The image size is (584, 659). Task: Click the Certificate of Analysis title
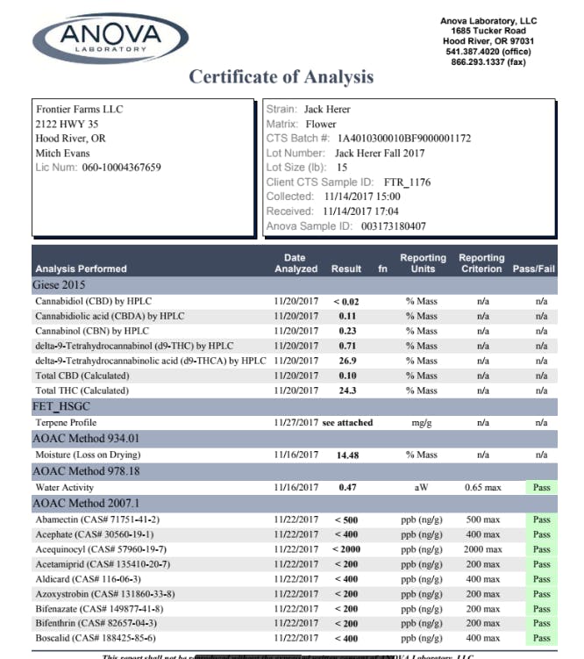tap(281, 77)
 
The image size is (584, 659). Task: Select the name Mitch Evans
tap(62, 153)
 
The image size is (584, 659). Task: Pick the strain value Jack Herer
tap(327, 110)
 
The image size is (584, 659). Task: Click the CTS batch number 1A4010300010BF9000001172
tap(404, 139)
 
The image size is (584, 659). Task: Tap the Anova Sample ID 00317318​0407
tap(394, 226)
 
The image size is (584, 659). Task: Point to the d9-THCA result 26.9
tap(347, 361)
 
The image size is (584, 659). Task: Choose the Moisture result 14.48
tap(347, 455)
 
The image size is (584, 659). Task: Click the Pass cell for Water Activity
tap(542, 486)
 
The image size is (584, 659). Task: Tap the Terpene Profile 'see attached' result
tap(347, 422)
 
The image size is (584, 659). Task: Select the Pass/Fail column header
tap(534, 269)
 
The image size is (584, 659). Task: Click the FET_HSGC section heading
tap(61, 406)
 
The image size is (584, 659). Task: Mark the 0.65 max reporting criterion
tap(482, 486)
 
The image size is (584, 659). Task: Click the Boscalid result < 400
tap(347, 638)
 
